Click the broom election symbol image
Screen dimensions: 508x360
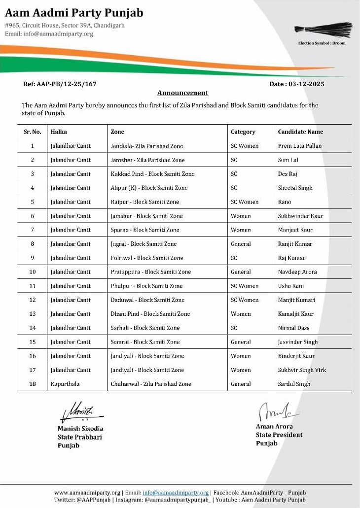(323, 31)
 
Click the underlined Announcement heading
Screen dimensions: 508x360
(182, 93)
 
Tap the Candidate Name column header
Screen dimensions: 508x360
(300, 132)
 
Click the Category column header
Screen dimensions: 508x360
(243, 132)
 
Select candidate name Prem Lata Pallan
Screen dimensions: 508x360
(299, 146)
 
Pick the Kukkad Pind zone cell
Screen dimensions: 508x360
(152, 174)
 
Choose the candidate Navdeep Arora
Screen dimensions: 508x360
(297, 272)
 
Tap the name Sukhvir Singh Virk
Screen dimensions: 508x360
(302, 370)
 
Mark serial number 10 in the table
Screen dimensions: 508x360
(33, 272)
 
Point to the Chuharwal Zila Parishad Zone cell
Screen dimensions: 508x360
(151, 384)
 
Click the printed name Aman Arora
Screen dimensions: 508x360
(274, 427)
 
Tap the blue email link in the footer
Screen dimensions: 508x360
(176, 493)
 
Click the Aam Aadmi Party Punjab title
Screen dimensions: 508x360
(74, 13)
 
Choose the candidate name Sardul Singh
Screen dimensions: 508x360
(294, 384)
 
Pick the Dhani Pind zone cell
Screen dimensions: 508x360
(150, 314)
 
